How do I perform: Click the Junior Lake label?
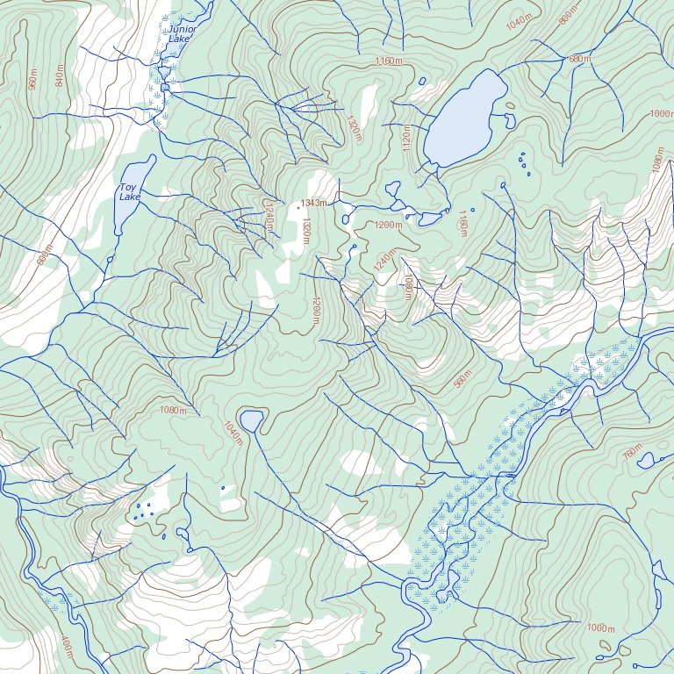(x=183, y=34)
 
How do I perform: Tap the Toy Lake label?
(x=129, y=192)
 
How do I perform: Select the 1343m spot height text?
(x=313, y=203)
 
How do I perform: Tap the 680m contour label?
(x=580, y=60)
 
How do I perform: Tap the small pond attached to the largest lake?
(x=509, y=120)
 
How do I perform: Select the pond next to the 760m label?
(x=647, y=460)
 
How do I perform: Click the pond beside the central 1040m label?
(x=251, y=421)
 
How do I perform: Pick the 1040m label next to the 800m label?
(x=519, y=21)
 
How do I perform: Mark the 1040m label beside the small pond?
(x=233, y=433)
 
